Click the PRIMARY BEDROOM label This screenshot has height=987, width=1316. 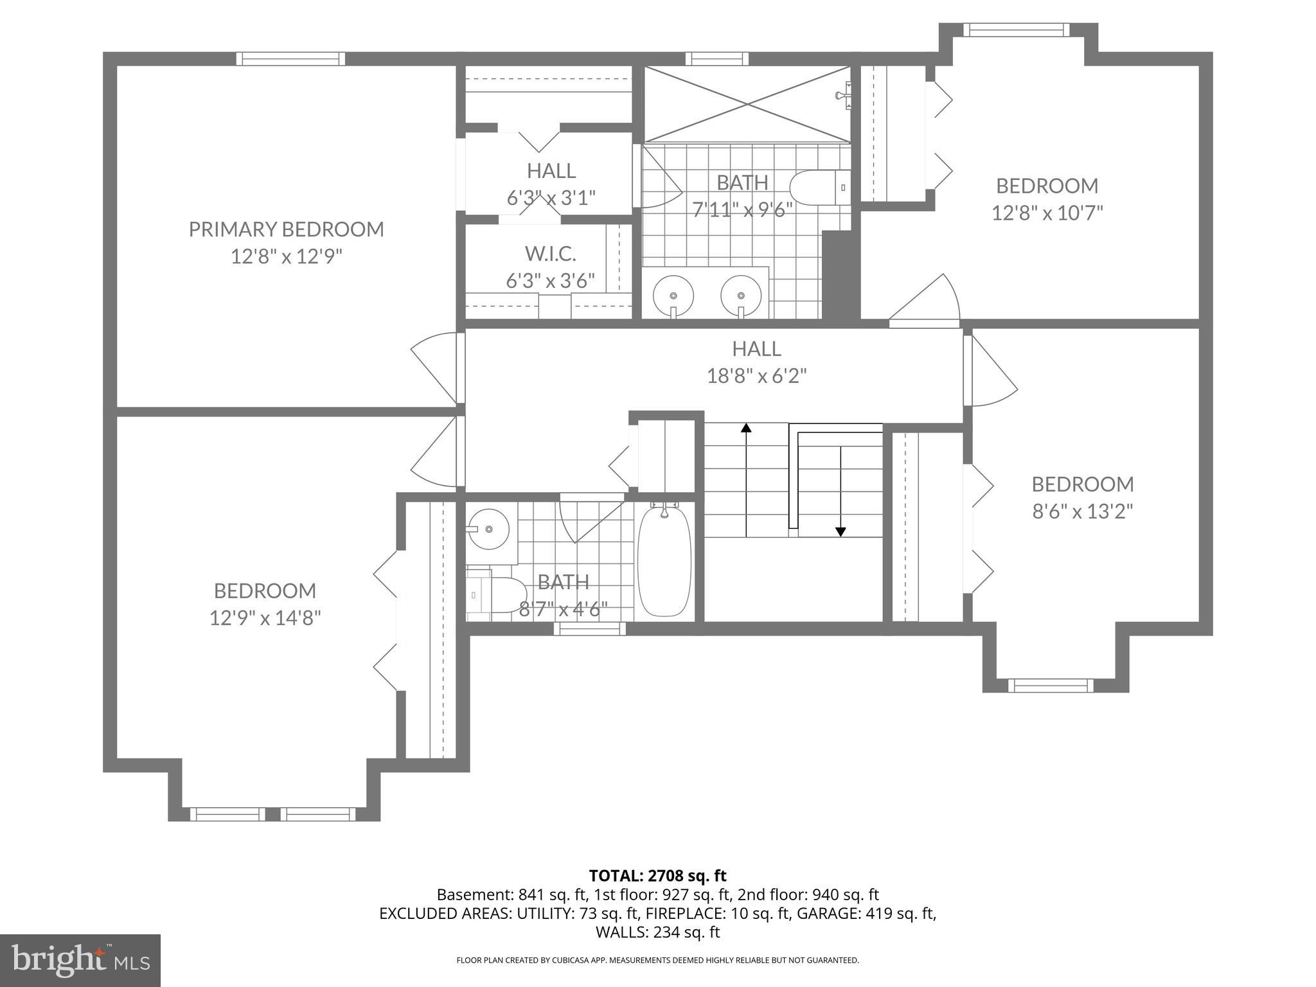click(286, 229)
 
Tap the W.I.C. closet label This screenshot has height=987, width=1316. click(550, 254)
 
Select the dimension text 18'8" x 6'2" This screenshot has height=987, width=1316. click(756, 376)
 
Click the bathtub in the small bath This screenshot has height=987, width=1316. click(664, 563)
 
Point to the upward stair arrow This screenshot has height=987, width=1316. click(746, 429)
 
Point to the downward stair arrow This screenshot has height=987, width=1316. click(840, 531)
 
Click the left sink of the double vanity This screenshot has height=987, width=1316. click(673, 296)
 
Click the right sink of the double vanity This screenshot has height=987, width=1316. click(741, 296)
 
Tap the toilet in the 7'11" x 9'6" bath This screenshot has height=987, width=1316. click(819, 188)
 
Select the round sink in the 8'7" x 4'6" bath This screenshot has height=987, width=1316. click(488, 529)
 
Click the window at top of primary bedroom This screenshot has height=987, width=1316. click(290, 59)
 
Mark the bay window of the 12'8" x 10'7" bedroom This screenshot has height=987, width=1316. click(1016, 30)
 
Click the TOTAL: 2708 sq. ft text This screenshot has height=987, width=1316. click(657, 875)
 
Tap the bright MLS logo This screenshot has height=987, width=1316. click(80, 960)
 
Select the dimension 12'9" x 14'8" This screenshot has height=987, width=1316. click(265, 618)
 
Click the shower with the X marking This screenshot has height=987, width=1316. click(747, 103)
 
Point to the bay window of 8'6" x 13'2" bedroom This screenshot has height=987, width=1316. click(1050, 685)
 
